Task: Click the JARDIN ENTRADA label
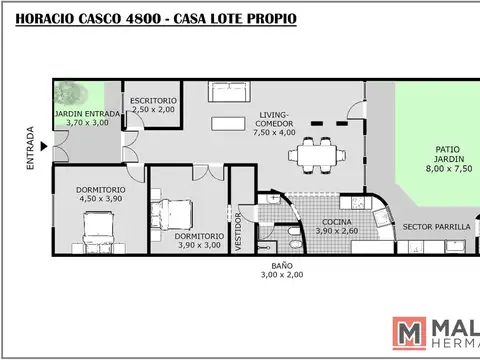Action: [87, 114]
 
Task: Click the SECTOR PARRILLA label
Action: [436, 227]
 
